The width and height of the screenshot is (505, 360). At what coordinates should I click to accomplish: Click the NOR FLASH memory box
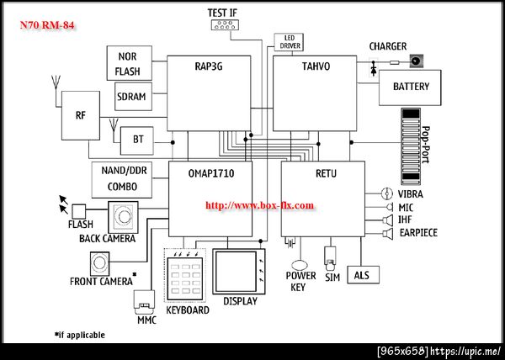[129, 63]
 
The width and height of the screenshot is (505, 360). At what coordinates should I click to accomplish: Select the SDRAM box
[133, 97]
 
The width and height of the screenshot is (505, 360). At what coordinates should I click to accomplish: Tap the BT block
[137, 140]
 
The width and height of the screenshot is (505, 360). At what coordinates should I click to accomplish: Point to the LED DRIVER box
[289, 42]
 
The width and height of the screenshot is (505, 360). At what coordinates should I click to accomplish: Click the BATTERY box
[410, 87]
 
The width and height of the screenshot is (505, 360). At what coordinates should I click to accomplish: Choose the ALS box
[363, 275]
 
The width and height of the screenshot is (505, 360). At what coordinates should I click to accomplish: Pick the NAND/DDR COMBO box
[122, 180]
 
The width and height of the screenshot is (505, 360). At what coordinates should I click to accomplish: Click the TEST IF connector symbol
[225, 24]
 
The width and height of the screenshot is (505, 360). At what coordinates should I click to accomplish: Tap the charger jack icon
[416, 61]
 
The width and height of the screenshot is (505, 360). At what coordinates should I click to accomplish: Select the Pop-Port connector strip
[411, 146]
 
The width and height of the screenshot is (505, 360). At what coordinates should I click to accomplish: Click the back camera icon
[123, 217]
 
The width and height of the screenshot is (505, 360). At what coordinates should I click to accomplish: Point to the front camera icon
[99, 263]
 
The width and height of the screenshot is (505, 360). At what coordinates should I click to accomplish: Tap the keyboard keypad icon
[185, 275]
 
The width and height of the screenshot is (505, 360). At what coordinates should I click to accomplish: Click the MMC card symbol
[144, 302]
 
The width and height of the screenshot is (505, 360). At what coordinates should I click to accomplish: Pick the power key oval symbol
[300, 266]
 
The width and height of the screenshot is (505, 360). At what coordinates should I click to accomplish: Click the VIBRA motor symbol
[387, 193]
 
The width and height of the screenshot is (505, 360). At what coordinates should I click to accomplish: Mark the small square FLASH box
[78, 211]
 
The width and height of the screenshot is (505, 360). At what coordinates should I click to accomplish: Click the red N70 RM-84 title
[47, 25]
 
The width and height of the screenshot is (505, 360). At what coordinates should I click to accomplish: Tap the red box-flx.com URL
[259, 205]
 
